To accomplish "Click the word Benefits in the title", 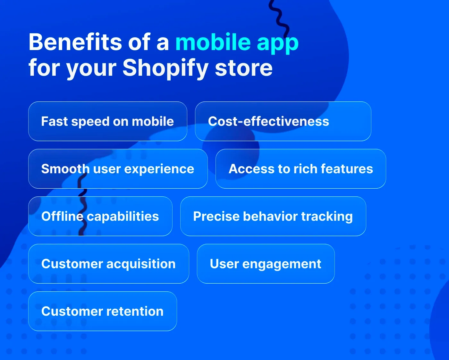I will coord(75,42).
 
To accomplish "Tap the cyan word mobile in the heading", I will coord(213,42).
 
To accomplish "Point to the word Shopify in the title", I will coord(165,68).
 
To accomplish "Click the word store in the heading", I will coord(244,68).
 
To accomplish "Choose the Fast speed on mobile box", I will coord(107,121).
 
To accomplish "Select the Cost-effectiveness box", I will coord(283,121).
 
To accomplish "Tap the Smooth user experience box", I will coord(118,169).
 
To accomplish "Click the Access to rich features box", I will coord(301,169).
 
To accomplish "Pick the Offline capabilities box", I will coord(100,216).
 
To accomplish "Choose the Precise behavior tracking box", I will coord(273,216).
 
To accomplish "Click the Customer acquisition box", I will coord(108,264).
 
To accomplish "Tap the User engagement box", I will coord(266,264).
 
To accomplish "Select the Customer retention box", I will coord(102,311).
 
